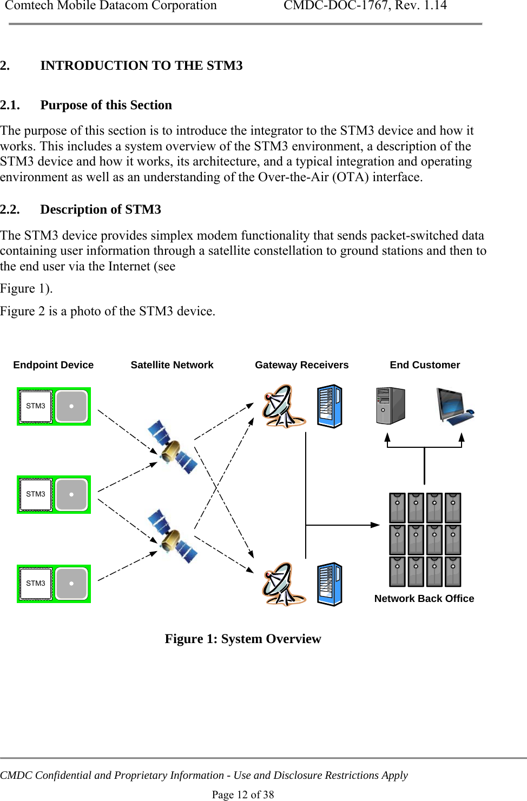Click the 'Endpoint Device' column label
(x=53, y=365)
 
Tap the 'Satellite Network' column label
(x=172, y=365)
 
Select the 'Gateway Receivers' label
(x=301, y=365)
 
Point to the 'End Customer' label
(x=425, y=365)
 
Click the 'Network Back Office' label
(x=424, y=599)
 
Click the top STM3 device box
(x=54, y=406)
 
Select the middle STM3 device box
(x=54, y=494)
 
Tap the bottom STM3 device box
(x=54, y=584)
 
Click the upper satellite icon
(x=172, y=447)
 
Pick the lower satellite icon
(x=172, y=536)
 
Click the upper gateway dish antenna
(x=282, y=406)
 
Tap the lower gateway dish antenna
(x=282, y=584)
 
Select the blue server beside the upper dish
(x=330, y=406)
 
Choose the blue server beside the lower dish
(x=330, y=584)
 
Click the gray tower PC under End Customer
(x=390, y=406)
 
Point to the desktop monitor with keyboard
(x=454, y=406)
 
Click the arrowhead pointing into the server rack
(x=375, y=525)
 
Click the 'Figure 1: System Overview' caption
(x=242, y=639)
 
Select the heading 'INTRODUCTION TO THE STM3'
(x=141, y=65)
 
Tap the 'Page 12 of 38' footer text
(x=242, y=795)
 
